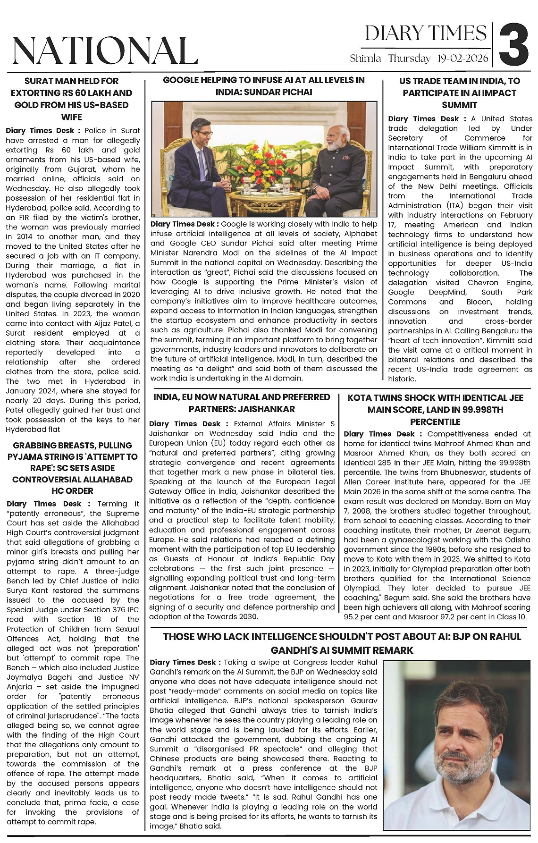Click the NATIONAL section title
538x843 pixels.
tap(105, 50)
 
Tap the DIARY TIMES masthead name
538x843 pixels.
tap(426, 34)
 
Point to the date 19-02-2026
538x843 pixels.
tap(462, 59)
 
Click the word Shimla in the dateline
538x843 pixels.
tap(365, 59)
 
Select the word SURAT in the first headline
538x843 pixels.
tap(41, 81)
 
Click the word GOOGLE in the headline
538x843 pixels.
tap(182, 80)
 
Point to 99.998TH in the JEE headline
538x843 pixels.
tap(478, 410)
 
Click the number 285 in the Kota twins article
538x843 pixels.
tap(378, 463)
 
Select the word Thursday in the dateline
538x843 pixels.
tap(409, 59)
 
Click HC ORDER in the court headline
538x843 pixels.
tap(72, 491)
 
